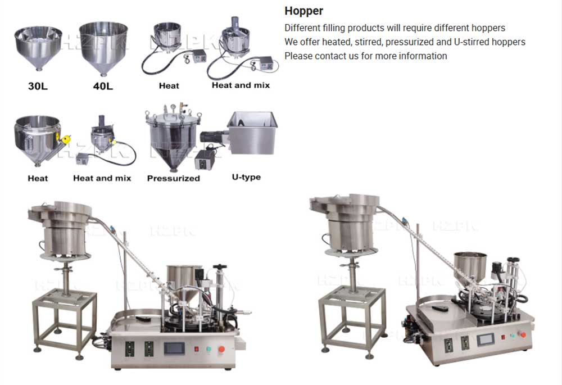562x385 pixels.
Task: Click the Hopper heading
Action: coord(303,11)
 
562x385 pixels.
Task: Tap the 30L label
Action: coord(38,86)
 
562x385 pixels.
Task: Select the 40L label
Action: coord(103,86)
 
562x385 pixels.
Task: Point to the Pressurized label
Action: coord(174,178)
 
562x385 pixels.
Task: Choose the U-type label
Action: coord(246,177)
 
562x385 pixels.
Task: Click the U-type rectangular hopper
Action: coord(252,132)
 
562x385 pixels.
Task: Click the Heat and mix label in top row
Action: coord(241,85)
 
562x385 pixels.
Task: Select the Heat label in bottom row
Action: coord(38,178)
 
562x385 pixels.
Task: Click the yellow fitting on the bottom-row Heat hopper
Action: coord(66,138)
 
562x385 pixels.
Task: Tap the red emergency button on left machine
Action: coord(221,349)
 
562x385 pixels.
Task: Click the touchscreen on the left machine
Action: coord(174,348)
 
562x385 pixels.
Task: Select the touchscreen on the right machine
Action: coord(486,339)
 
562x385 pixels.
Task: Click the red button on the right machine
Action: coord(523,335)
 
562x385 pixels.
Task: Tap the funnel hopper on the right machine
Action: coord(470,267)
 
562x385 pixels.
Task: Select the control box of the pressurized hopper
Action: coord(205,160)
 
